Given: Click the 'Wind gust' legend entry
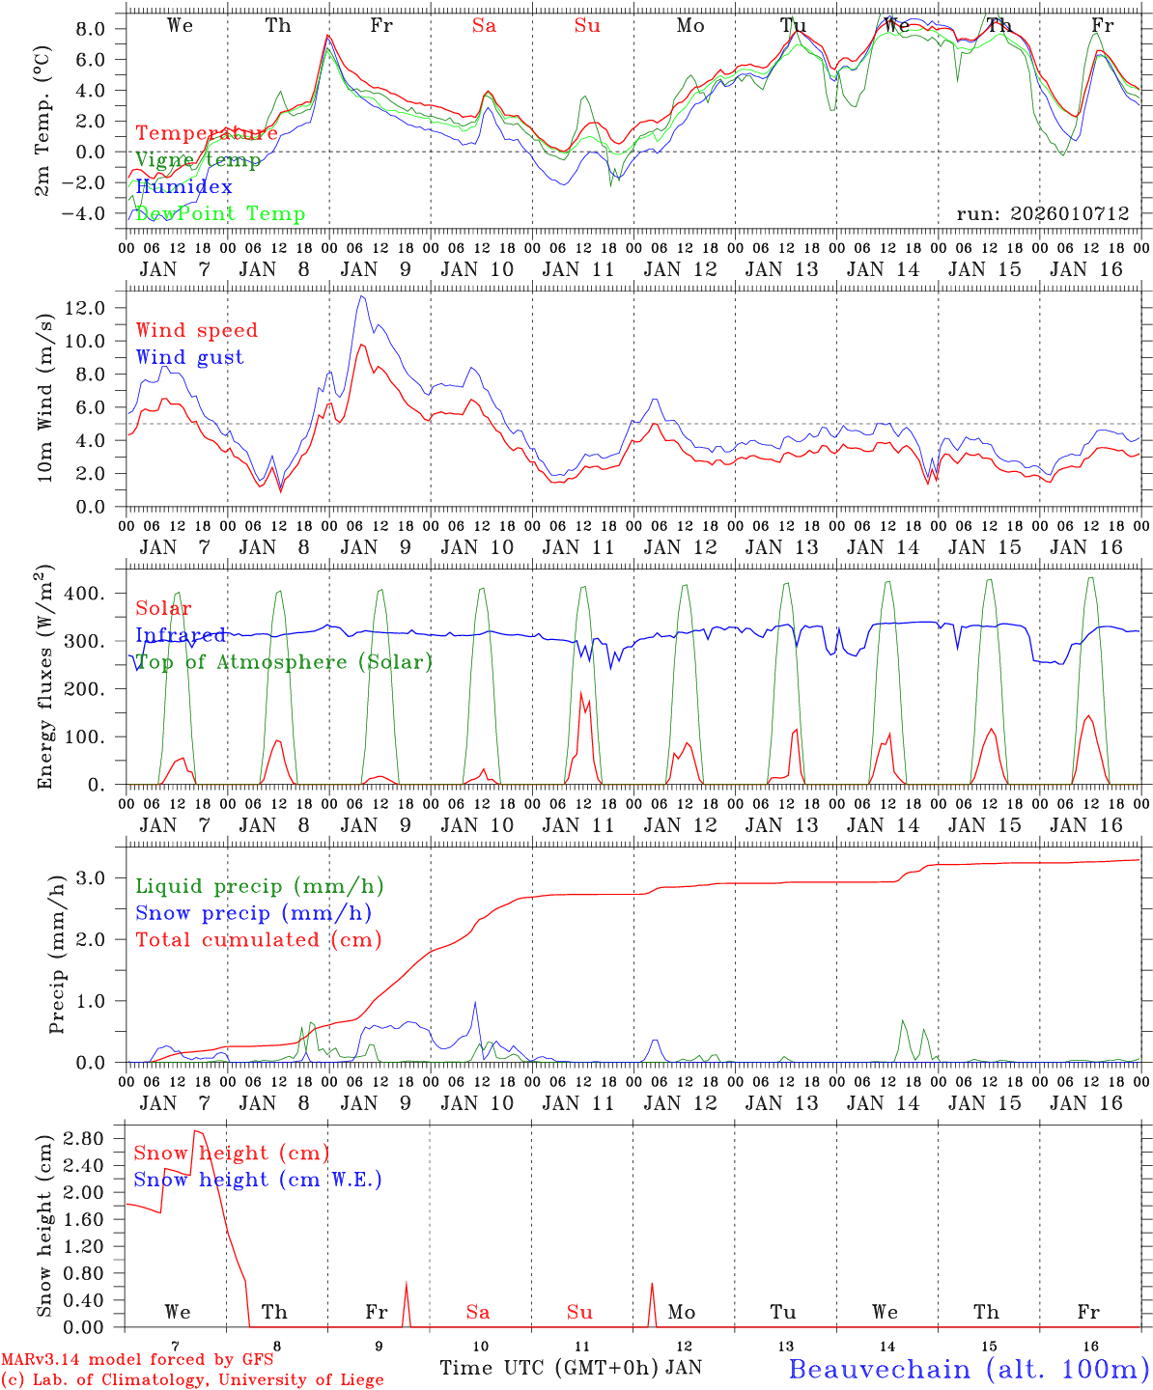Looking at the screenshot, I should (189, 357).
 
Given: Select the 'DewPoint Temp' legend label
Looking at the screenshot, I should (220, 213).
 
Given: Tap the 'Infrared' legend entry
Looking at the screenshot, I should (181, 635).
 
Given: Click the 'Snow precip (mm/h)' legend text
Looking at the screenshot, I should (253, 912).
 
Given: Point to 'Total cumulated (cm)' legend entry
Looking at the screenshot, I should (258, 939).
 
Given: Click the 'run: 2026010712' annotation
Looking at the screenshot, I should (1042, 213).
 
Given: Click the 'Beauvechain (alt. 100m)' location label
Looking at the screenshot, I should (968, 1369).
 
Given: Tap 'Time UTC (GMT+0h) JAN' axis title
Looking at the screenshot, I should (571, 1368).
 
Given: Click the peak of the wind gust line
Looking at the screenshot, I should (361, 295).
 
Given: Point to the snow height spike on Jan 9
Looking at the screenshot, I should (406, 1283).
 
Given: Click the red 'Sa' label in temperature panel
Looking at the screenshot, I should (484, 26).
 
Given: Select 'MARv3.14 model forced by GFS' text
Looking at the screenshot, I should (137, 1359).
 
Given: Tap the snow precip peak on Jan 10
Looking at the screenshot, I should (475, 1002).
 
